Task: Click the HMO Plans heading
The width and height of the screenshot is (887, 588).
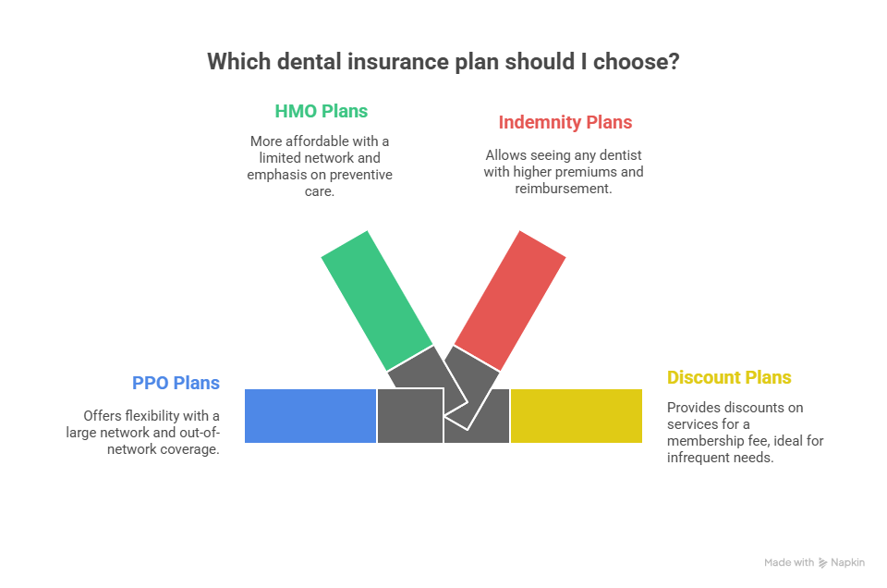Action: (x=321, y=111)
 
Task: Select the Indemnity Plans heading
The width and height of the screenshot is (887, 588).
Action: (x=565, y=122)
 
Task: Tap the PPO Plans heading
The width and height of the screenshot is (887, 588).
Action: (x=176, y=383)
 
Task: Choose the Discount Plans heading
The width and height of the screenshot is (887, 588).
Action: (x=729, y=377)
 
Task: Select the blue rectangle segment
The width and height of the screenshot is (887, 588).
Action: (x=310, y=416)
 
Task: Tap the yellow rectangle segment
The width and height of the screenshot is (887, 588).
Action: (x=577, y=416)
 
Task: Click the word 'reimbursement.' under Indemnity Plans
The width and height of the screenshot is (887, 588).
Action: (x=564, y=189)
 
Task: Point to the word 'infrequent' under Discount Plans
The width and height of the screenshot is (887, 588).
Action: (x=699, y=458)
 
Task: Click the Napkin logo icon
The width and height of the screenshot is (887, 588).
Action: (x=822, y=562)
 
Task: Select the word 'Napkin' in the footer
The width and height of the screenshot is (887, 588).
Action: (x=848, y=562)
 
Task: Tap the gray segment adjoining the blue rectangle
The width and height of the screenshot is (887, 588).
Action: (x=409, y=416)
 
